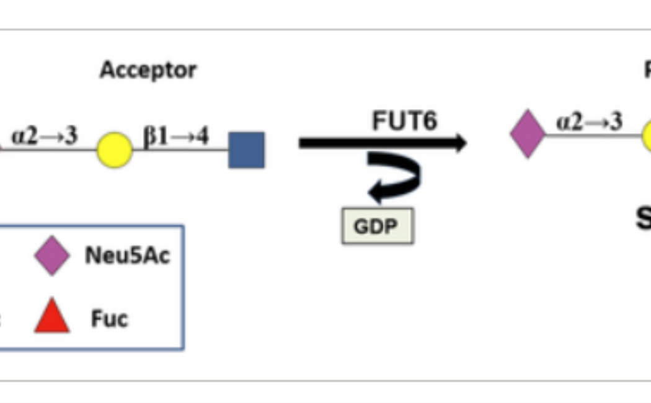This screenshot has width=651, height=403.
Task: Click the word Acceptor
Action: [x=148, y=70]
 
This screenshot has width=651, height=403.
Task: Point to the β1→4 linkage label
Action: [x=176, y=136]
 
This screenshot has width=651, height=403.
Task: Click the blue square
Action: [x=246, y=150]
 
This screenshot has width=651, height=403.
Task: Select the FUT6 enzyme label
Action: [x=404, y=121]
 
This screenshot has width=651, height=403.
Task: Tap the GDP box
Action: [x=377, y=227]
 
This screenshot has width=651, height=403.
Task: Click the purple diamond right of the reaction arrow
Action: [x=528, y=133]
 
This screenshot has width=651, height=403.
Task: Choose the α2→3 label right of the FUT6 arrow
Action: [x=589, y=121]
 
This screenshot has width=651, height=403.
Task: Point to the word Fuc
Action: [x=109, y=319]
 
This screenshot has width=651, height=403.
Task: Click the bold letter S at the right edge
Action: [x=644, y=218]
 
